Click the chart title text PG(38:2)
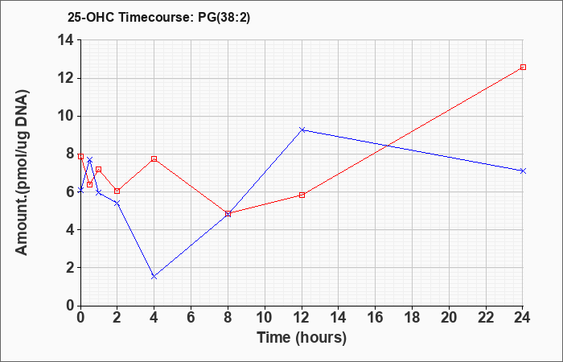(x=224, y=18)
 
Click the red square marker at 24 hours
(x=523, y=67)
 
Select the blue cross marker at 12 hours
(x=302, y=130)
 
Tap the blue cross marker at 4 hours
(x=154, y=277)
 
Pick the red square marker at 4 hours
(x=154, y=158)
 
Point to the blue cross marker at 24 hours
(x=523, y=171)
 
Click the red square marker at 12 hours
(x=302, y=195)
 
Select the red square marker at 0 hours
(x=80, y=157)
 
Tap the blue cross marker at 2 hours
(x=117, y=204)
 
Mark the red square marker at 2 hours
(x=117, y=191)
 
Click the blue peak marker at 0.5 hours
(x=90, y=159)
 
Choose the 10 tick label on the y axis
(x=67, y=117)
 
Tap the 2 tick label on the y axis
(x=71, y=268)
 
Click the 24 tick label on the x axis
(x=522, y=318)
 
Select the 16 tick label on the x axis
(x=375, y=318)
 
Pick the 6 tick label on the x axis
(x=191, y=318)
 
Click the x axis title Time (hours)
(x=302, y=338)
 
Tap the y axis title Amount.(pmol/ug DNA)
(x=23, y=172)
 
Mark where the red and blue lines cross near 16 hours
(x=387, y=146)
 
